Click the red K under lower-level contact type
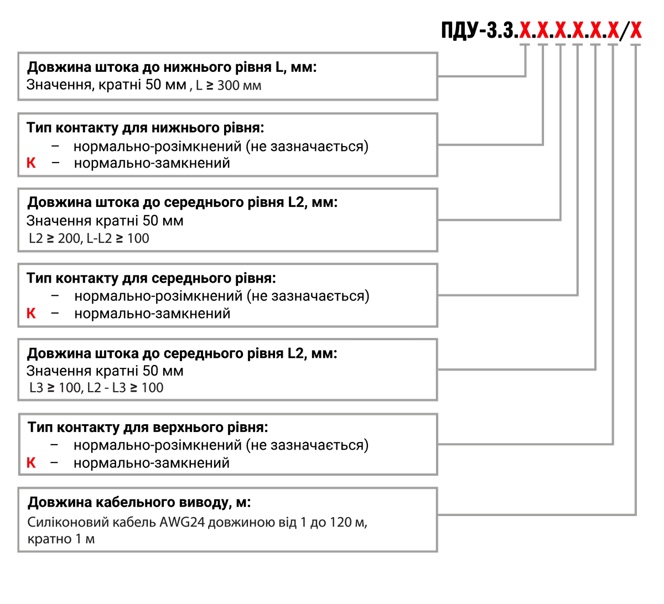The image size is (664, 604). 31,163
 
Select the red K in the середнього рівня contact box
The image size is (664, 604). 31,313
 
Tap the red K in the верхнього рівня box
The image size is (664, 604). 31,463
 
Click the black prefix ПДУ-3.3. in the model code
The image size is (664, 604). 480,30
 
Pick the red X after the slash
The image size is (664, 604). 636,30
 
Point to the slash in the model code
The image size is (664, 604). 624,31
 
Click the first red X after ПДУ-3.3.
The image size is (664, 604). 525,30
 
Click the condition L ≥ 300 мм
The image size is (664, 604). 229,85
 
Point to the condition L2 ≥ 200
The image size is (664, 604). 55,238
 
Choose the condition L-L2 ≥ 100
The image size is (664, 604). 118,238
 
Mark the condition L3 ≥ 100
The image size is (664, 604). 55,388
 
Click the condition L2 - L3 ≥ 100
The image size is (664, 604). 125,388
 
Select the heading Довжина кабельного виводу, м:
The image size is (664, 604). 139,502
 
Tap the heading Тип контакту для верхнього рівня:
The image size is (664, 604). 148,427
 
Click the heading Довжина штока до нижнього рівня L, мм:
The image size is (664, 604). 172,67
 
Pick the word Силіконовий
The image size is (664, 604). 68,522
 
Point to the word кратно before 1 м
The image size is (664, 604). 50,539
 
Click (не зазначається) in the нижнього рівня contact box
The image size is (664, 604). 307,146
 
